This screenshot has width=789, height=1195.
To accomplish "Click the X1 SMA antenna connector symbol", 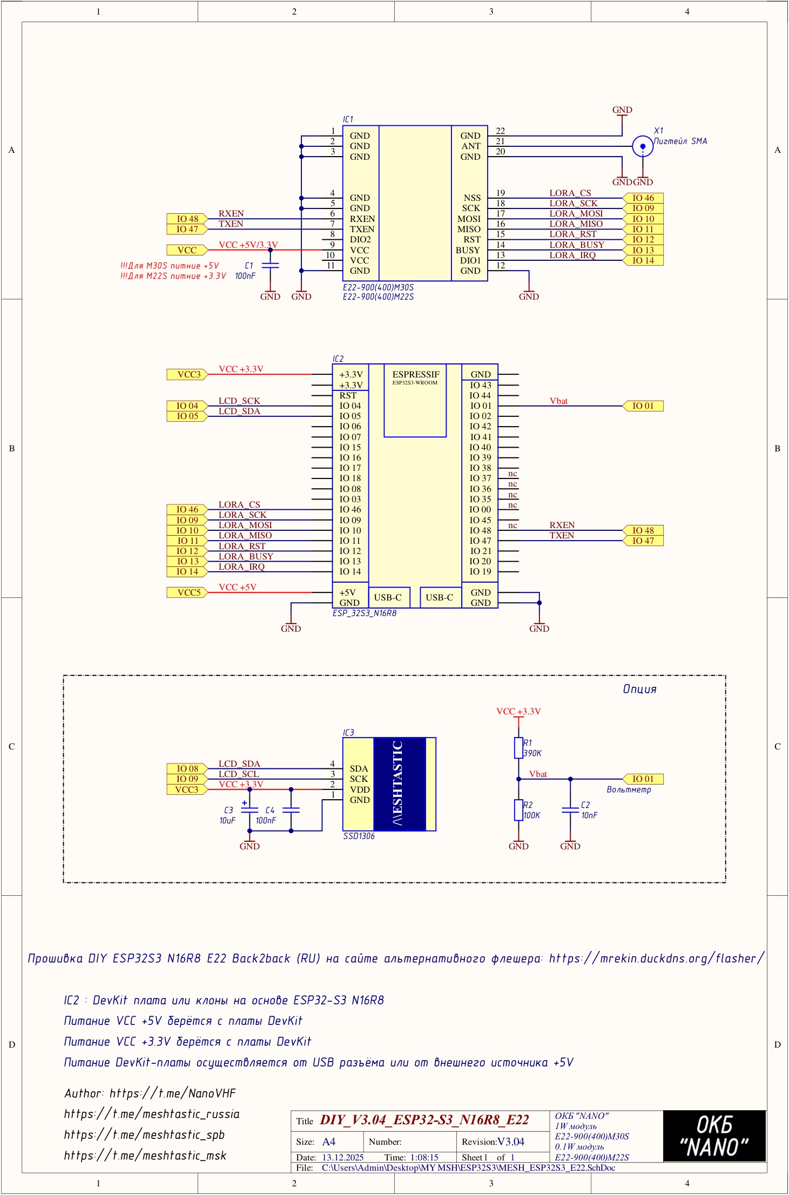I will (642, 146).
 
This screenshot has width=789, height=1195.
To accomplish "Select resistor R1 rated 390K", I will (518, 748).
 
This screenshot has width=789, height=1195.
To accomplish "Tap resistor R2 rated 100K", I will (518, 810).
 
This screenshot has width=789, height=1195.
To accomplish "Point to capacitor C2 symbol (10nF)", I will (570, 809).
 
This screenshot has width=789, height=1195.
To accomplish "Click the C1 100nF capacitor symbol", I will (270, 265).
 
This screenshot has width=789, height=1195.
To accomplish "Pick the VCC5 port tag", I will (187, 592).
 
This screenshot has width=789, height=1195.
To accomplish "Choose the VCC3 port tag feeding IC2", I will (187, 374).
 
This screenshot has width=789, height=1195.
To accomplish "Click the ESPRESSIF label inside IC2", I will (416, 374).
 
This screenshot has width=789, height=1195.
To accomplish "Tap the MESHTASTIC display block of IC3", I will (400, 784).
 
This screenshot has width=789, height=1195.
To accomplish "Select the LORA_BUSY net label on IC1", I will (577, 245).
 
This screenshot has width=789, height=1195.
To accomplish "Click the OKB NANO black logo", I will (714, 1136).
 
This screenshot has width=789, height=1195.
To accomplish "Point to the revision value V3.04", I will (510, 1142).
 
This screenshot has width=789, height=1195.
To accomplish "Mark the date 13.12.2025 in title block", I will (343, 1157).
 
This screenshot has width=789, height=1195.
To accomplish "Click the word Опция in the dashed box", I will (639, 689).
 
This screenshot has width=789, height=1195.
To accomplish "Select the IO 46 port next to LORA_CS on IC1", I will (643, 198).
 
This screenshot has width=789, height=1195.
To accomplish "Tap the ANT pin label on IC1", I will (470, 146).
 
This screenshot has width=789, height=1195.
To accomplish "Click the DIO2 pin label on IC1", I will (360, 239).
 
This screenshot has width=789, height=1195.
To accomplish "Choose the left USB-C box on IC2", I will (388, 597).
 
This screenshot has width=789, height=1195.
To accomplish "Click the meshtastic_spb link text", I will (144, 1135).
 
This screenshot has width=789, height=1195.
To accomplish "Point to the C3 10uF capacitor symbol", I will (249, 809).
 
